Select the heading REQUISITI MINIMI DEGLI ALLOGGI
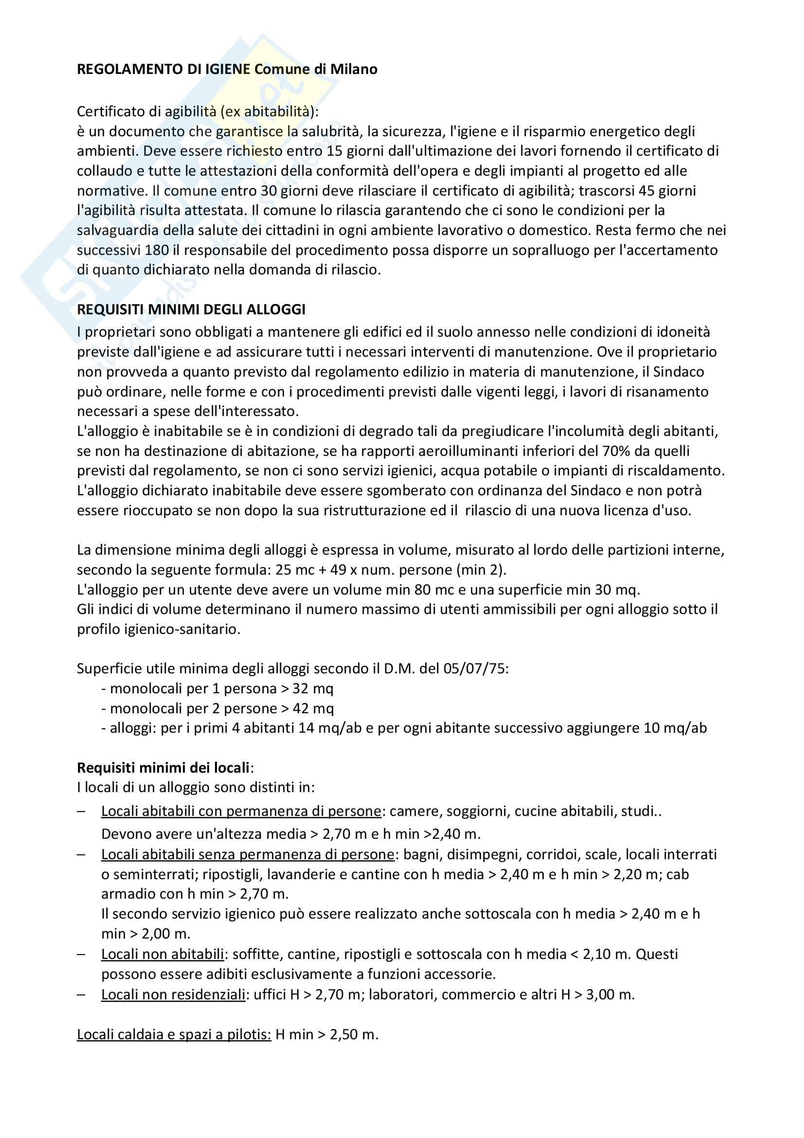191,309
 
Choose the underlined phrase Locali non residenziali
173,994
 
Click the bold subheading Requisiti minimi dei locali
163,768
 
